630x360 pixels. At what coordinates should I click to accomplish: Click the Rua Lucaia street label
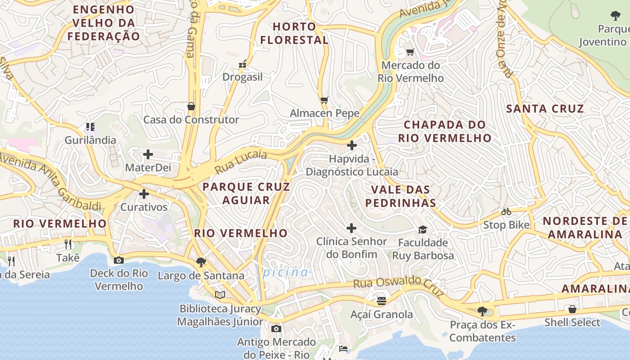pyautogui.click(x=241, y=162)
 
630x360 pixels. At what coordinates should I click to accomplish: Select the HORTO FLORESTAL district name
pyautogui.click(x=294, y=33)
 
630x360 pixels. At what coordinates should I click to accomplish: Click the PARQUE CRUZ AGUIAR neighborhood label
pyautogui.click(x=246, y=193)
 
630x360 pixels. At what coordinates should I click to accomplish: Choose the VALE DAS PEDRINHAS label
pyautogui.click(x=400, y=196)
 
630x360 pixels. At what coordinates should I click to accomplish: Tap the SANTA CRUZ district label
pyautogui.click(x=545, y=108)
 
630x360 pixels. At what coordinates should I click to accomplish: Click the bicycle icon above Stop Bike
pyautogui.click(x=506, y=211)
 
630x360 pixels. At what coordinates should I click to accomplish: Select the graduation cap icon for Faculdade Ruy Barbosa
pyautogui.click(x=423, y=230)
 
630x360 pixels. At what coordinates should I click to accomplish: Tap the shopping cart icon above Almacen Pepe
pyautogui.click(x=324, y=100)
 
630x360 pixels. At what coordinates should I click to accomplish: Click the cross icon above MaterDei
pyautogui.click(x=148, y=155)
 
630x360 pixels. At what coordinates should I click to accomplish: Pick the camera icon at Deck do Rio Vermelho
pyautogui.click(x=119, y=260)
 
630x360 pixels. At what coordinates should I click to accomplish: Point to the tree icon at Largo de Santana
pyautogui.click(x=201, y=262)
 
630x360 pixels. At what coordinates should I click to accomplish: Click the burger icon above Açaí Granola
pyautogui.click(x=382, y=301)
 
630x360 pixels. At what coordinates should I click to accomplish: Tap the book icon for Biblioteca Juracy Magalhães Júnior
pyautogui.click(x=220, y=295)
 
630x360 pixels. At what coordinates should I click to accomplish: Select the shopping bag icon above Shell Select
pyautogui.click(x=572, y=309)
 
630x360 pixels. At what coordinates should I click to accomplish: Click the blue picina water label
pyautogui.click(x=286, y=272)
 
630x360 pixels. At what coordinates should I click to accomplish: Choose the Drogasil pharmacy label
pyautogui.click(x=243, y=77)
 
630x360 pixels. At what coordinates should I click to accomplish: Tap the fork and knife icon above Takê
pyautogui.click(x=68, y=244)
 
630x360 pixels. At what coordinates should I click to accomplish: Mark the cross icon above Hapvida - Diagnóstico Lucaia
pyautogui.click(x=352, y=145)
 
